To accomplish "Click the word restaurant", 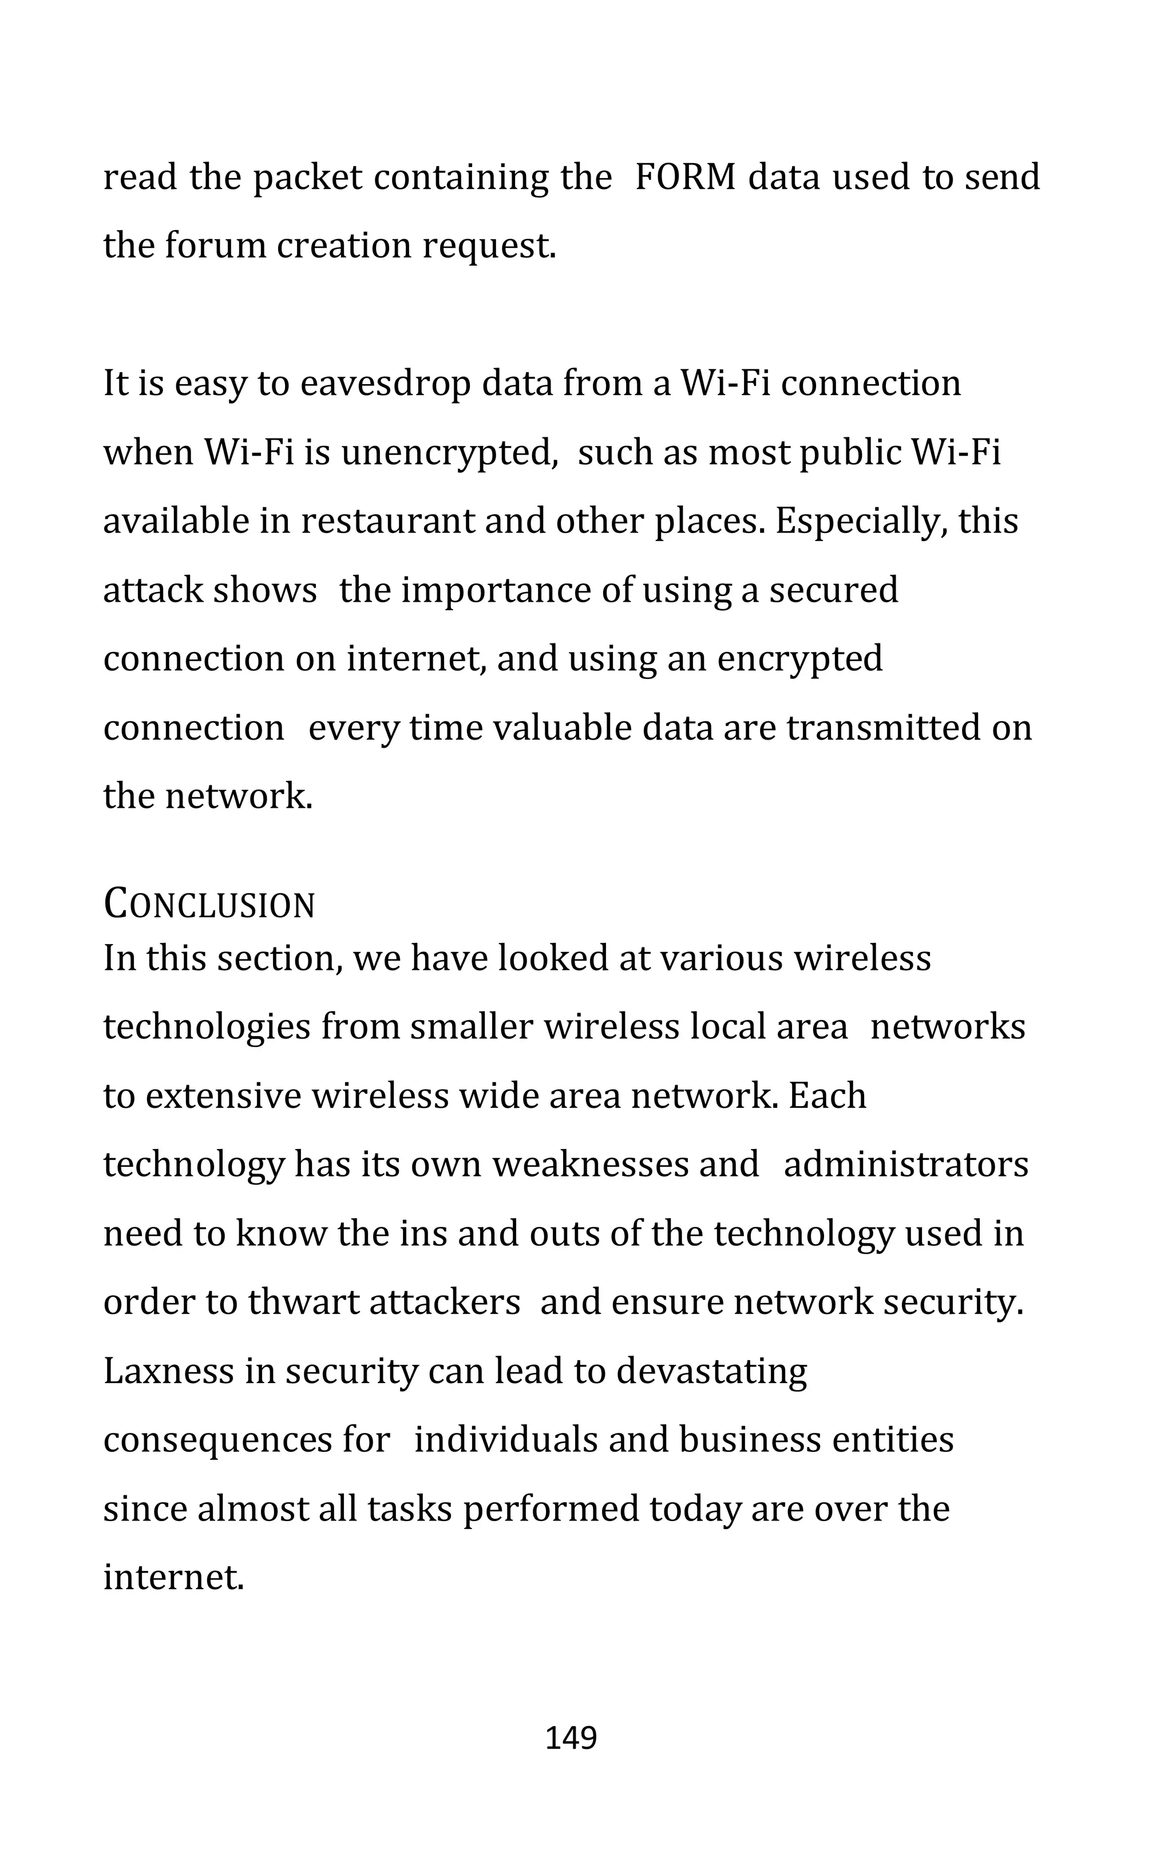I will tap(391, 521).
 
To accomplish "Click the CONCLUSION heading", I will tap(209, 905).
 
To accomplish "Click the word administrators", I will tap(906, 1165).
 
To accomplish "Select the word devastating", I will tap(711, 1371).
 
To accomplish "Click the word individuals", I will tap(506, 1440).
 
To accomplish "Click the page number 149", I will tap(571, 1739).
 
